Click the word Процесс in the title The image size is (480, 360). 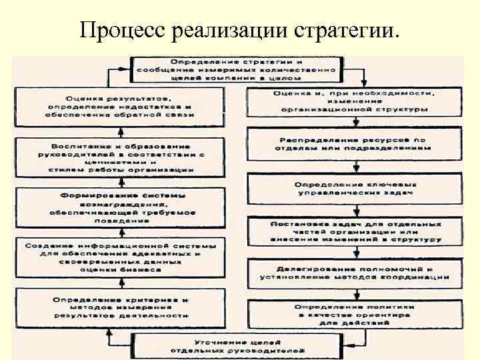(121, 30)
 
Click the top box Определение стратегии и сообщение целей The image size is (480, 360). (239, 69)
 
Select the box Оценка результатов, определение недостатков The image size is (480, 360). (121, 107)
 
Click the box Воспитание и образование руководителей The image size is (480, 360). (121, 157)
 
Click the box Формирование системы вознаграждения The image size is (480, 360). (121, 207)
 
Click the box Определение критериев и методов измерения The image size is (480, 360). (121, 307)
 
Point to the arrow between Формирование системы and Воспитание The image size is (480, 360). (121, 182)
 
